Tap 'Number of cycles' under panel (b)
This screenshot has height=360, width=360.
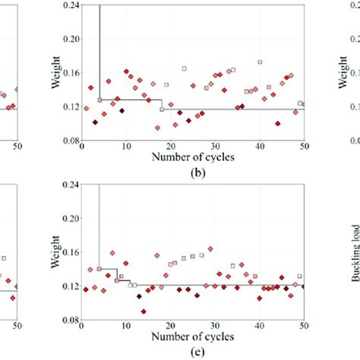click(192, 158)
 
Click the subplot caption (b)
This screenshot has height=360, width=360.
click(192, 172)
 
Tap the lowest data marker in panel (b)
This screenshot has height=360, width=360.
click(157, 128)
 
